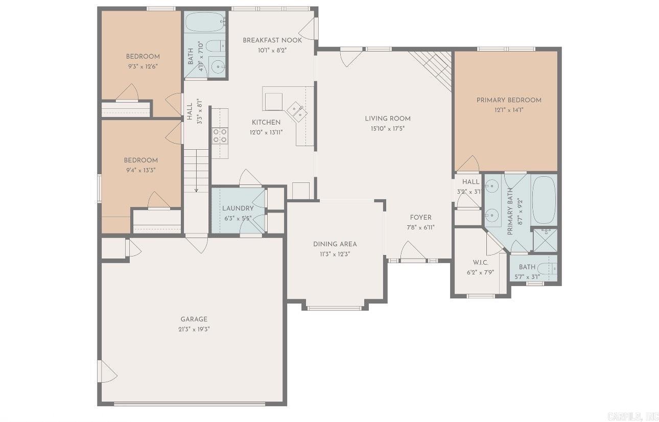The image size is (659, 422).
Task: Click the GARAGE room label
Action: pos(194,319)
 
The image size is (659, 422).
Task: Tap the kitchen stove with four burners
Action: pos(220,135)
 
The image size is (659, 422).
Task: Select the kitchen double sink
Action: pos(296,110)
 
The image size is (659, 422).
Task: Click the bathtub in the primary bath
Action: pos(544,199)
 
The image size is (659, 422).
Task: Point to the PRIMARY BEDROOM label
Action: pos(509,100)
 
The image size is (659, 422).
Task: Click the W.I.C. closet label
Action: pos(480,263)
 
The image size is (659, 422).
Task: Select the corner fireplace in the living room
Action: pos(434,66)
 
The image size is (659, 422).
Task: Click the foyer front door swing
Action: pos(412,251)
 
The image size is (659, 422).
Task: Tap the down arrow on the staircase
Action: pos(196,189)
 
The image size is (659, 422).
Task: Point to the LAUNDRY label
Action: pos(238,208)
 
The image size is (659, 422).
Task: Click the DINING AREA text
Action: pos(335,244)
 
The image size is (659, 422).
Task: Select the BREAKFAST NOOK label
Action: pos(272,40)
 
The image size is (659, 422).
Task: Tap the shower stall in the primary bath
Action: pos(545,241)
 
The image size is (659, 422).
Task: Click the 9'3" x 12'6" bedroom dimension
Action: pos(143,66)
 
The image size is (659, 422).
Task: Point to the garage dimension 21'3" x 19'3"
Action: pos(194,329)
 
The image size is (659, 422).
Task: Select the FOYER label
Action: pos(420,218)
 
